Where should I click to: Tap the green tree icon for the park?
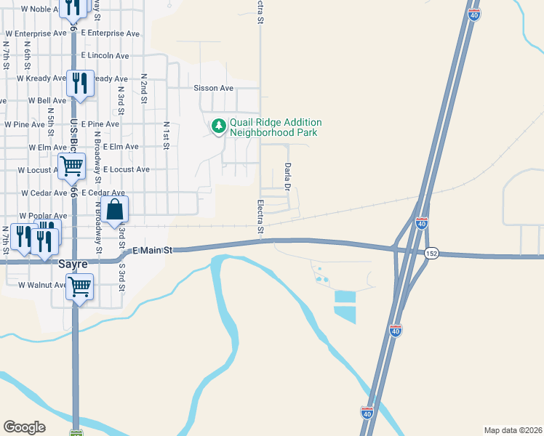(x=218, y=126)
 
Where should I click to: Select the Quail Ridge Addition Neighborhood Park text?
(x=276, y=128)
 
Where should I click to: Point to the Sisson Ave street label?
(x=213, y=88)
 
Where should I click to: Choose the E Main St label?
(x=152, y=251)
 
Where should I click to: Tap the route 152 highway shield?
(x=432, y=253)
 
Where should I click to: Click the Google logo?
(x=24, y=427)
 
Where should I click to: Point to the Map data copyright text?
(x=513, y=429)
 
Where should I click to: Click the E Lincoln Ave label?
(x=105, y=56)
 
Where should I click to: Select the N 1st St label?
(x=166, y=136)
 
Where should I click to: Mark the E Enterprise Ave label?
(x=111, y=33)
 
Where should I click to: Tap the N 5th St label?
(x=51, y=121)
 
